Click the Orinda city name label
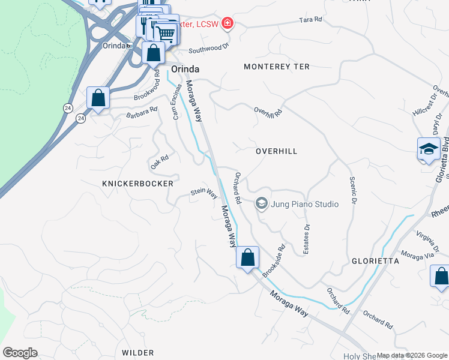pyautogui.click(x=185, y=70)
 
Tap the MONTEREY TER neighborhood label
pyautogui.click(x=277, y=67)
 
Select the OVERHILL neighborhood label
pyautogui.click(x=276, y=152)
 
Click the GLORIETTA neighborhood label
pyautogui.click(x=375, y=261)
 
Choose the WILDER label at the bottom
pyautogui.click(x=137, y=353)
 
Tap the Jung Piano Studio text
pyautogui.click(x=304, y=204)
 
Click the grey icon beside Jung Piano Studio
pyautogui.click(x=261, y=204)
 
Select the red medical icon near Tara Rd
pyautogui.click(x=228, y=23)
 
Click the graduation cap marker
pyautogui.click(x=429, y=149)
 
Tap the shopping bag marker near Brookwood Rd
pyautogui.click(x=98, y=98)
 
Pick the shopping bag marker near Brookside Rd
pyautogui.click(x=247, y=258)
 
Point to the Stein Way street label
pyautogui.click(x=203, y=193)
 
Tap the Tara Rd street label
pyautogui.click(x=310, y=20)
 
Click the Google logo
pyautogui.click(x=20, y=353)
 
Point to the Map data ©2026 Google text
pyautogui.click(x=412, y=356)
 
